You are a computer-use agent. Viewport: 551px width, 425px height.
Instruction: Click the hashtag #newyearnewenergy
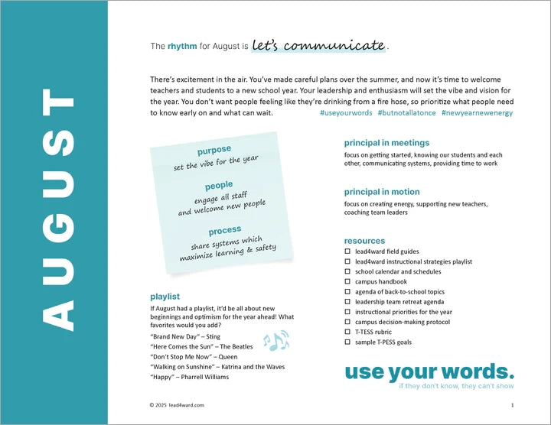pyautogui.click(x=477, y=112)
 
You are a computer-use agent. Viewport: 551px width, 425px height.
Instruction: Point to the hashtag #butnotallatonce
pyautogui.click(x=406, y=112)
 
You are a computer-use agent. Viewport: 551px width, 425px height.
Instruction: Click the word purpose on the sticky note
pyautogui.click(x=214, y=151)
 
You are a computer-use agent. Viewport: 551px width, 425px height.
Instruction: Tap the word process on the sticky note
pyautogui.click(x=224, y=230)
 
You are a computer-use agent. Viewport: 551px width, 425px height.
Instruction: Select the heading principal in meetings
pyautogui.click(x=386, y=143)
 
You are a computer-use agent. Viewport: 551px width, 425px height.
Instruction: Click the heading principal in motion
pyautogui.click(x=382, y=192)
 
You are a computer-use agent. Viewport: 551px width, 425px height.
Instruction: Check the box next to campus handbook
pyautogui.click(x=347, y=281)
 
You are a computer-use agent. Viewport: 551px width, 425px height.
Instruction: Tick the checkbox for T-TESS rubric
pyautogui.click(x=347, y=332)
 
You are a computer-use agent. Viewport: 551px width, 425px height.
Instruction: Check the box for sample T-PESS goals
pyautogui.click(x=347, y=342)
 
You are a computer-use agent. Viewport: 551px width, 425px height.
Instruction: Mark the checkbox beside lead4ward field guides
pyautogui.click(x=347, y=251)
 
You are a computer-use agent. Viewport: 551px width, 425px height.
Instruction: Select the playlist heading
pyautogui.click(x=165, y=296)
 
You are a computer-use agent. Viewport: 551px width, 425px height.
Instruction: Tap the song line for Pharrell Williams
pyautogui.click(x=189, y=376)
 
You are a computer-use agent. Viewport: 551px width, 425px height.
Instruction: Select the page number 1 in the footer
pyautogui.click(x=511, y=404)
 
